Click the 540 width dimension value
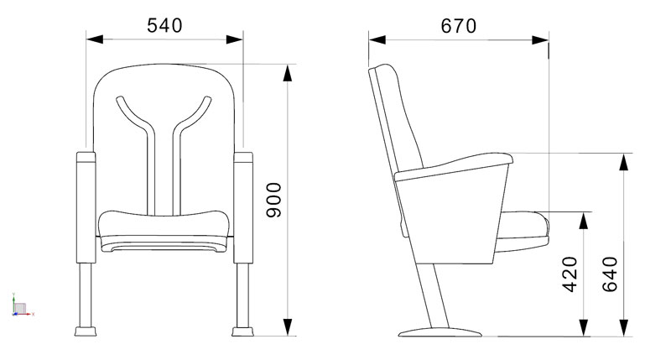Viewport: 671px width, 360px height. click(x=164, y=26)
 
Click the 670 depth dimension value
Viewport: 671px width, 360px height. click(x=458, y=26)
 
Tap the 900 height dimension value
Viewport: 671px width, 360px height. click(x=274, y=200)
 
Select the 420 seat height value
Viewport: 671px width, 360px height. click(x=570, y=274)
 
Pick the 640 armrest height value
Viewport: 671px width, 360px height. click(x=611, y=274)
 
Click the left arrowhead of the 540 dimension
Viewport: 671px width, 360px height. click(x=95, y=39)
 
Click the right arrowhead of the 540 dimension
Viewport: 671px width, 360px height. click(x=235, y=39)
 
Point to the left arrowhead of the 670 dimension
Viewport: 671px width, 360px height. click(x=377, y=39)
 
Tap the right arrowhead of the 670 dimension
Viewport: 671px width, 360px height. click(x=540, y=40)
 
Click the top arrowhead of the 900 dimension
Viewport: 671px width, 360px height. click(x=288, y=73)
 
